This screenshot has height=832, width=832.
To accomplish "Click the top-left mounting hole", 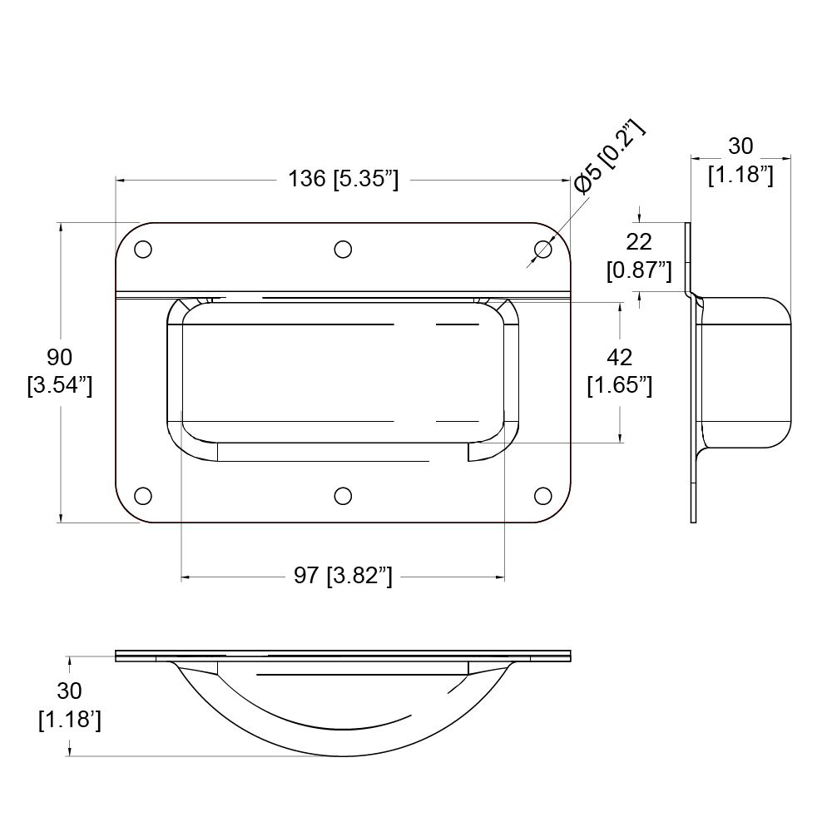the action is coord(143,250).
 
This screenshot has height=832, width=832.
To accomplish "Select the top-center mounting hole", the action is coord(343,250).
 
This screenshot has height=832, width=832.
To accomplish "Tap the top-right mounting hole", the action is coord(542,250).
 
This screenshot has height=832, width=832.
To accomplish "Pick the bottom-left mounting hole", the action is coord(143,496).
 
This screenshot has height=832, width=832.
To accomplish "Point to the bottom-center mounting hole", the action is coord(343,496).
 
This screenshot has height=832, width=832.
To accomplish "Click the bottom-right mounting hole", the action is coord(542,496).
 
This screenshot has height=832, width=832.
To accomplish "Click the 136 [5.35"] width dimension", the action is coord(343,180).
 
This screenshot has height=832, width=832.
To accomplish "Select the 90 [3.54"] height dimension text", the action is coord(59,371).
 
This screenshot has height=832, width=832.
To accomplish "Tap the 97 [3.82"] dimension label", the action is coord(343,576).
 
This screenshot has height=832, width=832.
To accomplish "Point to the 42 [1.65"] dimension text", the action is coord(619,371).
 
